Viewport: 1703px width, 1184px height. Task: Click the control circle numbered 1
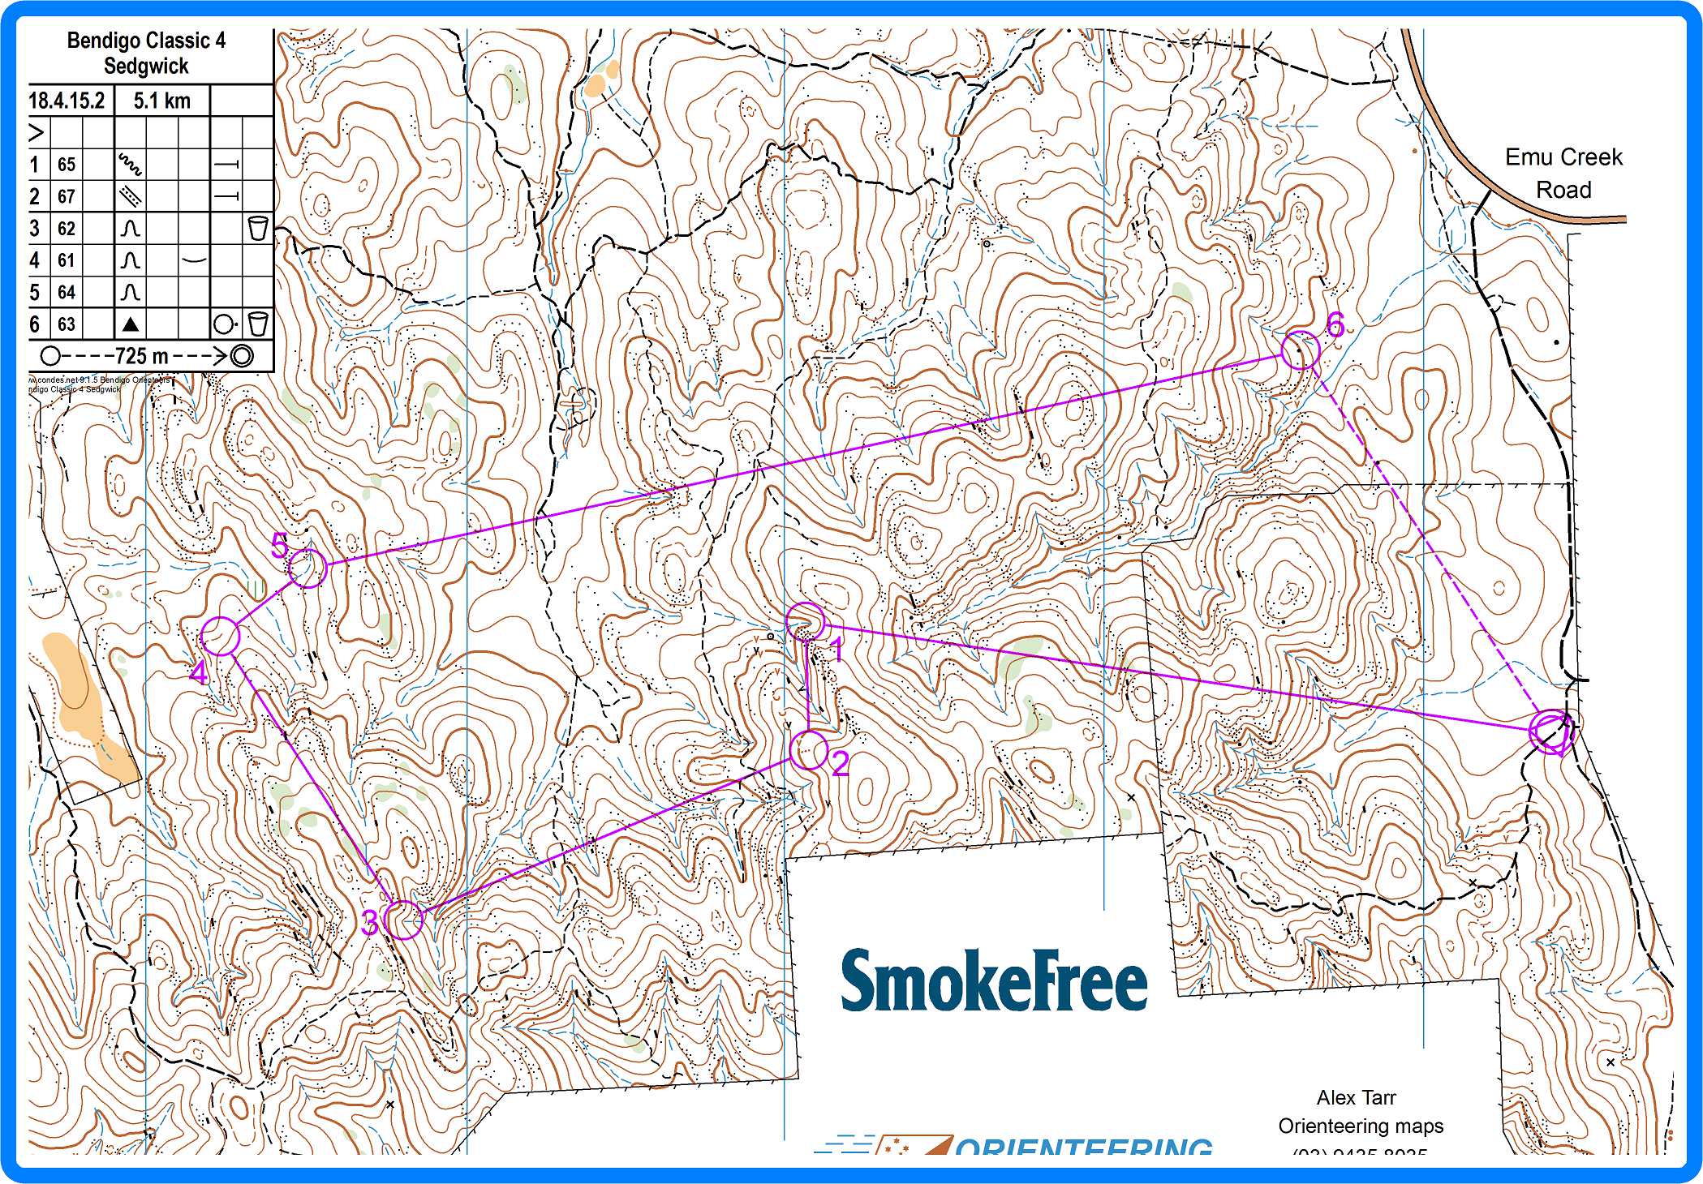click(x=806, y=623)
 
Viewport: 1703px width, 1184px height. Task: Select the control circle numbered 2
click(x=809, y=750)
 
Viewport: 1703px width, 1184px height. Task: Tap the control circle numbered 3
click(x=405, y=920)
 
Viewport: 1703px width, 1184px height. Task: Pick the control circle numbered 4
click(x=221, y=636)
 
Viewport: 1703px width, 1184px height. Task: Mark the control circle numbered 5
click(x=307, y=568)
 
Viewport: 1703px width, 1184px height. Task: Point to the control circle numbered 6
click(x=1300, y=350)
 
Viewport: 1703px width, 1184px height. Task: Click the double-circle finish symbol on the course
click(x=1551, y=730)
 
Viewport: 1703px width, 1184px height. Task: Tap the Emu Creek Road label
click(x=1563, y=173)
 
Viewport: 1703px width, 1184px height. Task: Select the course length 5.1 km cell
click(x=161, y=101)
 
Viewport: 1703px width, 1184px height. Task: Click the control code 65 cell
click(x=67, y=165)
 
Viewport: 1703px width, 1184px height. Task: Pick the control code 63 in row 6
click(x=67, y=324)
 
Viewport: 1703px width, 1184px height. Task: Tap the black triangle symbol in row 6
click(x=130, y=324)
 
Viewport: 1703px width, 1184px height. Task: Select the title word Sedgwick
click(x=146, y=66)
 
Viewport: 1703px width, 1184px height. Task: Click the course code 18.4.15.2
click(x=67, y=101)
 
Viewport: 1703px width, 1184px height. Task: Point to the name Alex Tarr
click(x=1356, y=1097)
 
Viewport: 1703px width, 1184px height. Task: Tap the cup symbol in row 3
click(x=257, y=229)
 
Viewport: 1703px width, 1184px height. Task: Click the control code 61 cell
click(x=67, y=260)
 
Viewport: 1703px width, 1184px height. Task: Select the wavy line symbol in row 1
click(x=130, y=165)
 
